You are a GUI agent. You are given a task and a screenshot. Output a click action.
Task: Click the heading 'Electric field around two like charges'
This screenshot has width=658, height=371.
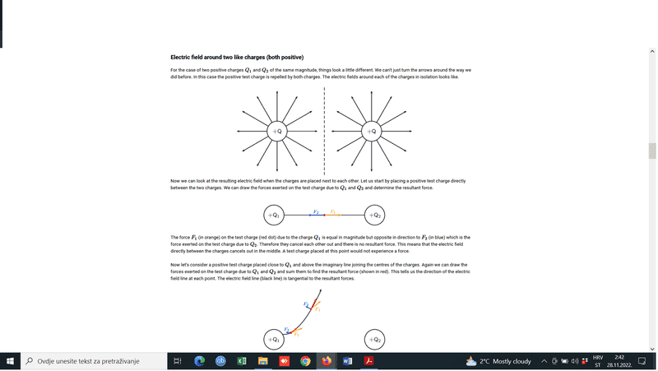(x=237, y=58)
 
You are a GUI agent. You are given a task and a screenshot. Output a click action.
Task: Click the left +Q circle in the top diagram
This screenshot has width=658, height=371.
(x=277, y=131)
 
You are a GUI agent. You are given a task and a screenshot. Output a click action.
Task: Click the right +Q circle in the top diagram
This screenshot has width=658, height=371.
(x=372, y=131)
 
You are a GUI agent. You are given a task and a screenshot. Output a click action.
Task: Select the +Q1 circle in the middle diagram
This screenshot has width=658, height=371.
(x=275, y=216)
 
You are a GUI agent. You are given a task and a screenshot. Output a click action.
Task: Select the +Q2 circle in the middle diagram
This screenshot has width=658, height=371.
(x=374, y=216)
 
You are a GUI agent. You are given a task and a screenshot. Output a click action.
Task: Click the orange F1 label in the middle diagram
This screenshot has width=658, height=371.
(x=332, y=211)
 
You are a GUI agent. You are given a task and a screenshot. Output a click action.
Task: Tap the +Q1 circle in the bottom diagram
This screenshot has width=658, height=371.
(x=275, y=339)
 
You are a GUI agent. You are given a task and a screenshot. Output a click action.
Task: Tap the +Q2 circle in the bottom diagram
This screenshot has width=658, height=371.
(x=374, y=339)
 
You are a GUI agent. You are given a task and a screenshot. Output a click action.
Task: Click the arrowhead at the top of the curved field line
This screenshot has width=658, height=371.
(x=320, y=292)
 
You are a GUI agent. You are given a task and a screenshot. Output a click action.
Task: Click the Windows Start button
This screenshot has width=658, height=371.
(x=10, y=361)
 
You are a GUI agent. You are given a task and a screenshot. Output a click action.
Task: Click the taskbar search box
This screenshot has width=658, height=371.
(x=90, y=361)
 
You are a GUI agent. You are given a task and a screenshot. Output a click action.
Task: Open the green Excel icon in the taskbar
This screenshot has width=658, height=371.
(x=243, y=361)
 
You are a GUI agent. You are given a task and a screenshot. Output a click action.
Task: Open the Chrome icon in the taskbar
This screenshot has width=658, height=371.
(x=305, y=361)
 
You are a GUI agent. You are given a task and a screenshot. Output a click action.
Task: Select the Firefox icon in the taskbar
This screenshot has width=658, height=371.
(x=327, y=361)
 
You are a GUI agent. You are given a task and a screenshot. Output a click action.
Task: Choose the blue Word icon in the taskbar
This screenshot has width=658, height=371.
(x=348, y=361)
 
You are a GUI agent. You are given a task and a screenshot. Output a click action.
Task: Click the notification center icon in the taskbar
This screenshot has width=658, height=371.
(x=642, y=361)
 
